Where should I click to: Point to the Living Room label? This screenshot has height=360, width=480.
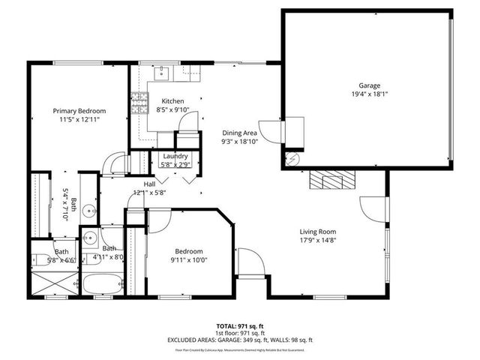pos(318,232)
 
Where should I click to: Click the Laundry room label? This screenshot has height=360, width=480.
pos(175,156)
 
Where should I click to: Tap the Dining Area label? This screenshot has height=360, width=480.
pos(239,132)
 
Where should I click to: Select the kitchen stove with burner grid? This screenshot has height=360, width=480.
pos(139,101)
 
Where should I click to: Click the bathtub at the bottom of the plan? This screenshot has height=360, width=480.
pos(103,285)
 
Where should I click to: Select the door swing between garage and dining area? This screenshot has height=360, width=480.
pos(295,131)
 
